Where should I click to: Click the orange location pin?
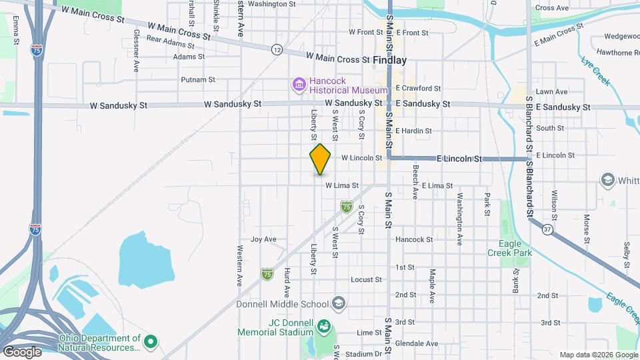point(321,159)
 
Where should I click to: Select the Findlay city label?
point(389,60)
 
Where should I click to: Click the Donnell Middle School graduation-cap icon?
point(339,304)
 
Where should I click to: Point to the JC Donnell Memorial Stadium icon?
point(323,326)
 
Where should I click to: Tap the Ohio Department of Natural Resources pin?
point(151,342)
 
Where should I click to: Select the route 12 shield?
point(277,49)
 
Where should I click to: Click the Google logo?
point(21,351)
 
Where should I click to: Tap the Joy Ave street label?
point(263,239)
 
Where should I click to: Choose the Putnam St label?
point(198,79)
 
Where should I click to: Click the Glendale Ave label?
point(417,344)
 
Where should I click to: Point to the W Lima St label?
point(342,185)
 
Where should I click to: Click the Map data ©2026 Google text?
point(597,355)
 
